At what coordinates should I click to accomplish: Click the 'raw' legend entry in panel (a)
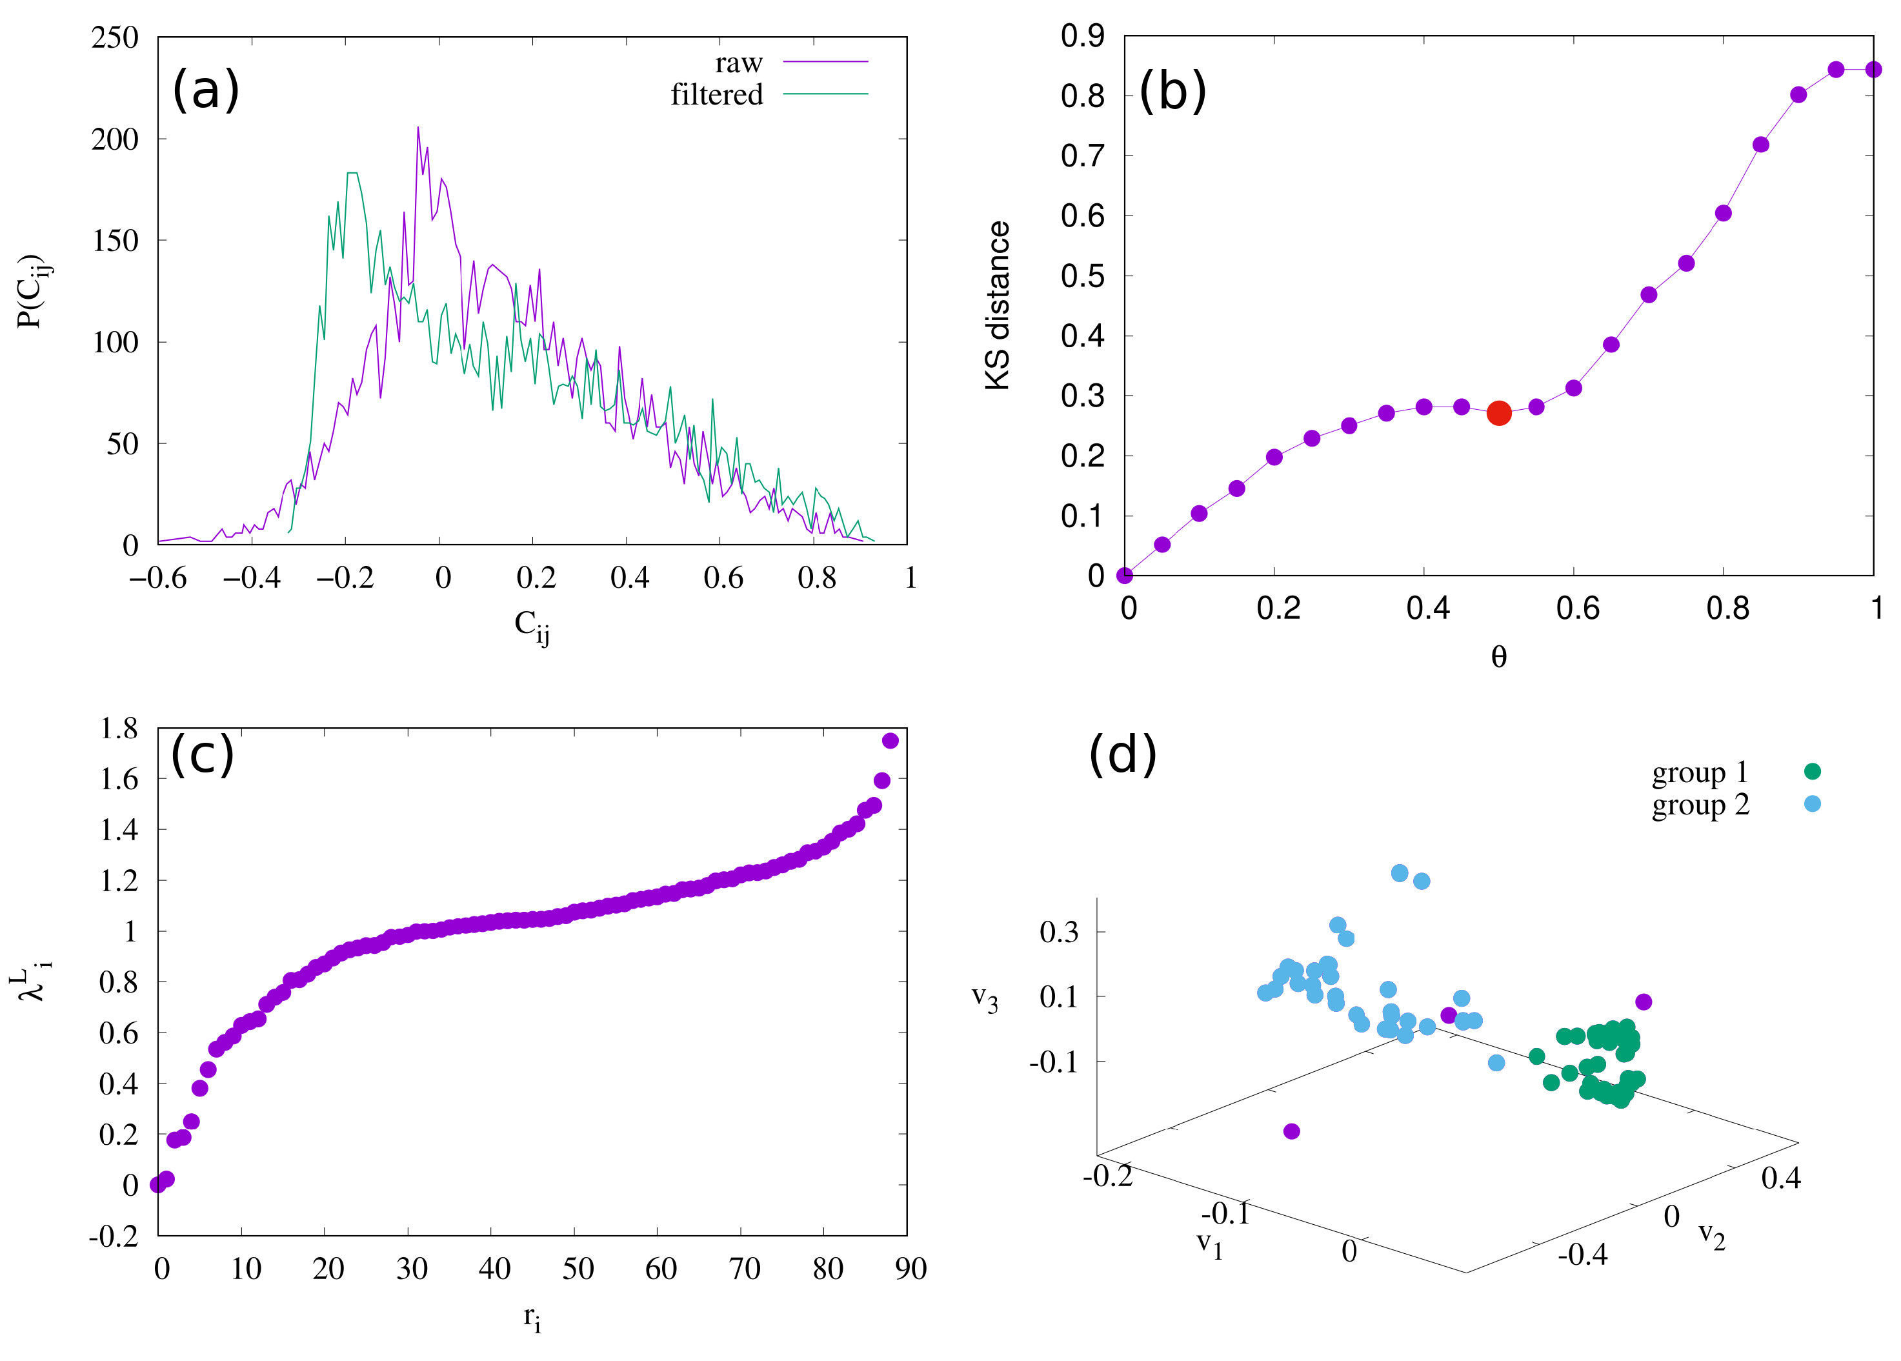(738, 63)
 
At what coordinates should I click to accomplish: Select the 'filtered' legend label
(716, 95)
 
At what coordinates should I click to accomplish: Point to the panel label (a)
(205, 90)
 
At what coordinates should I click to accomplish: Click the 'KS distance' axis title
(997, 306)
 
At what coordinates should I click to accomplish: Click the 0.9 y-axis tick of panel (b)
(1081, 36)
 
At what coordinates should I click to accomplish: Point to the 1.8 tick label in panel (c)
(118, 729)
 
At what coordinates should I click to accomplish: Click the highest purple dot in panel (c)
(890, 740)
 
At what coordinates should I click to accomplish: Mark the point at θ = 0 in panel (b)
(1124, 575)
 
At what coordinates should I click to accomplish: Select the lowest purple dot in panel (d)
(1291, 1131)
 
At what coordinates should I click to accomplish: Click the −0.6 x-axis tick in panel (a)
(157, 578)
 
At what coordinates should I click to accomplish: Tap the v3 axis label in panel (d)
(985, 998)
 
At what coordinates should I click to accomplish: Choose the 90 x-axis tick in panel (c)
(910, 1269)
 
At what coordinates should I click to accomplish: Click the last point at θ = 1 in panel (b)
(1873, 70)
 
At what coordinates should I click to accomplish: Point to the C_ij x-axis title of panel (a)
(531, 626)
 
